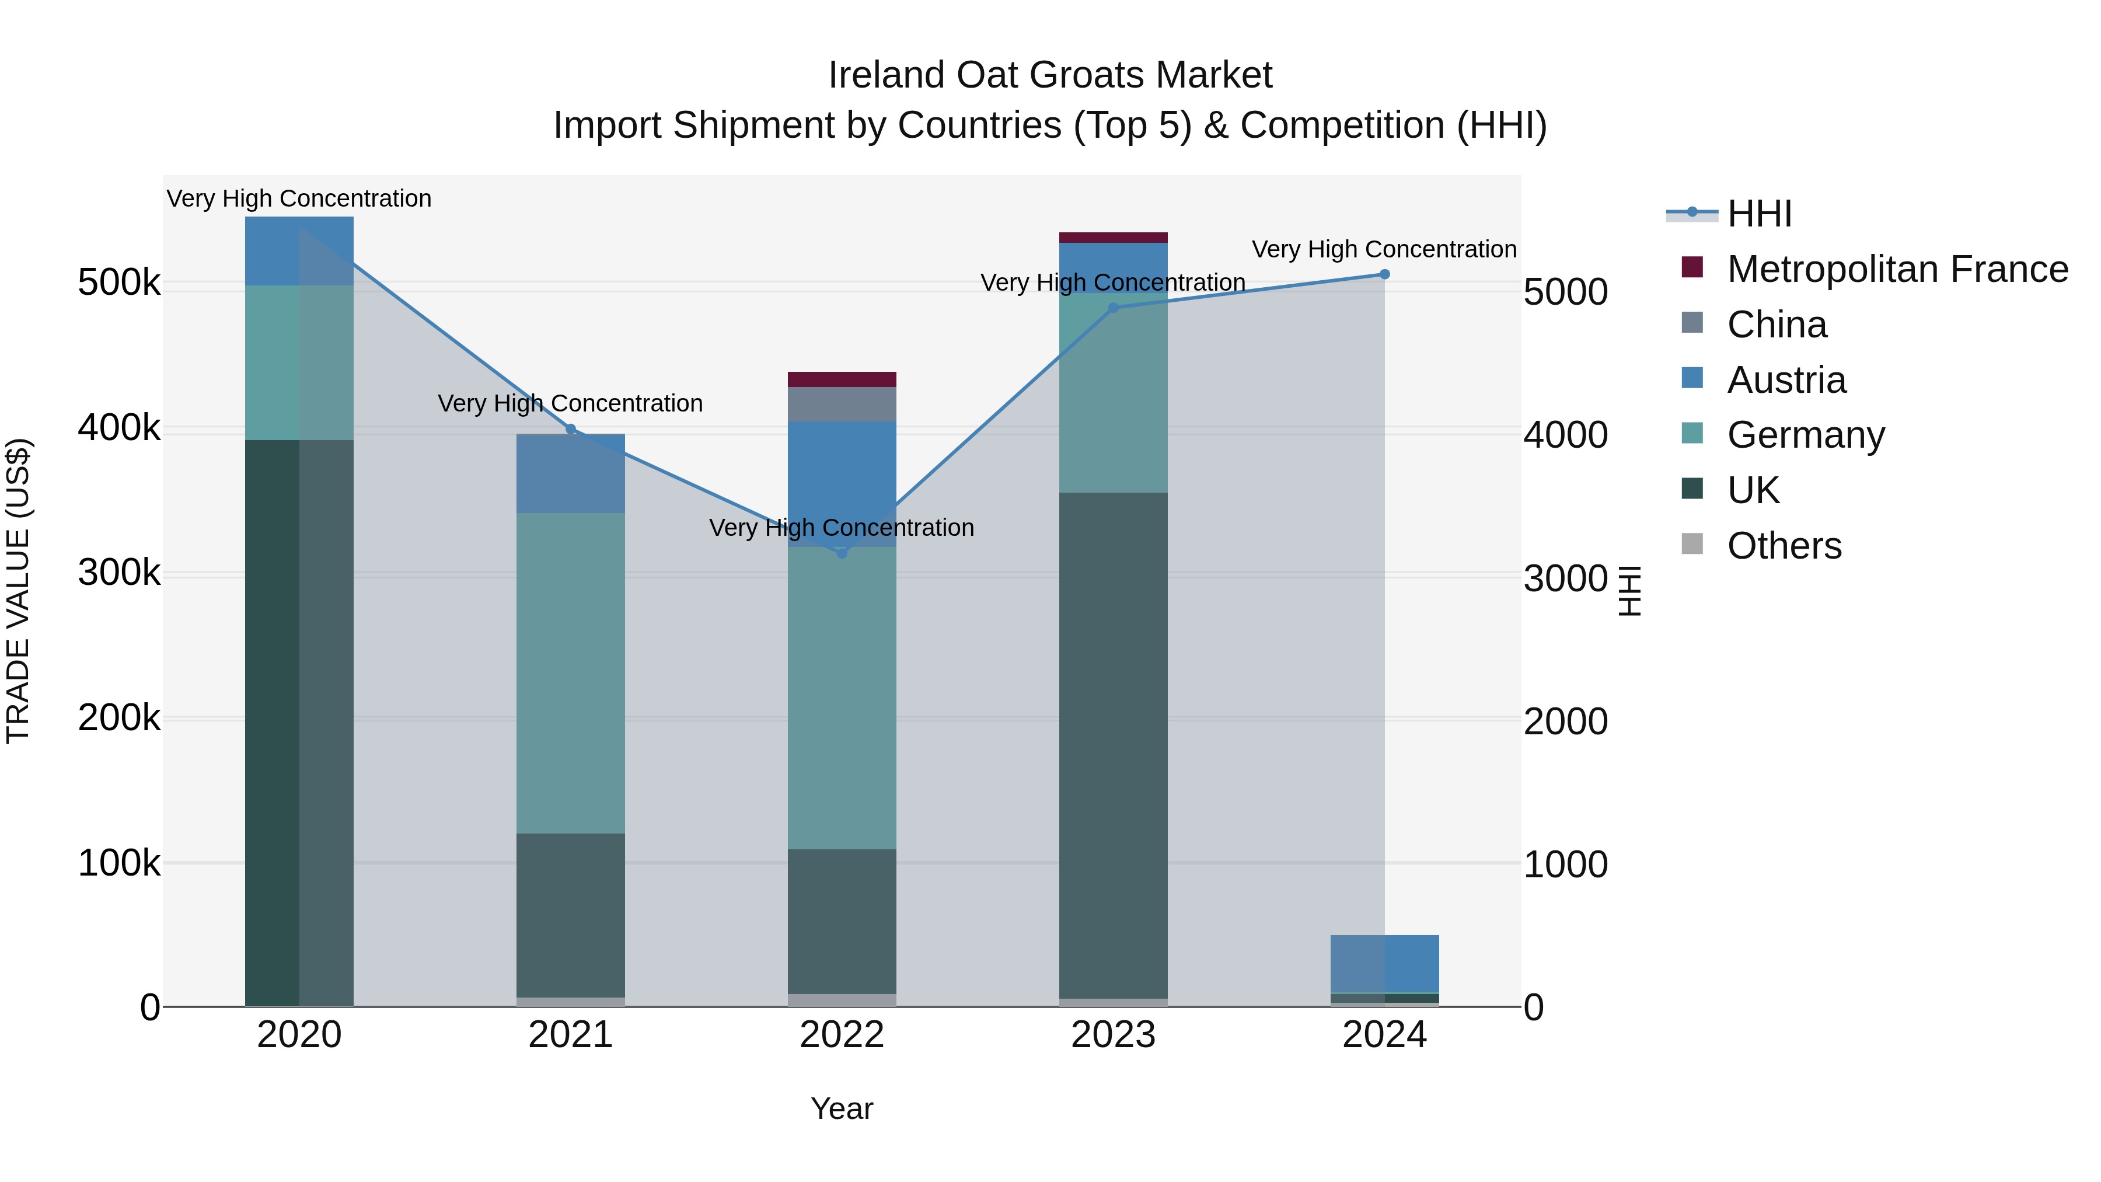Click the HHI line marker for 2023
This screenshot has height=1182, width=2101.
[1114, 308]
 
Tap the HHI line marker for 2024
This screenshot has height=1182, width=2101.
[1384, 274]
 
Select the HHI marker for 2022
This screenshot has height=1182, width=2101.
[842, 553]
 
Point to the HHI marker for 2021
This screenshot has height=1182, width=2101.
[571, 429]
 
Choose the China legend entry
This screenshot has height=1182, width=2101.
[1777, 325]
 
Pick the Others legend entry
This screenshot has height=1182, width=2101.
[1784, 546]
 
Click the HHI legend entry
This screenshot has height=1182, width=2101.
[1759, 214]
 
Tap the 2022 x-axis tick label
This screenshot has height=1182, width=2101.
[842, 1035]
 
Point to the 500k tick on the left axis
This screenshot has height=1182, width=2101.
[119, 283]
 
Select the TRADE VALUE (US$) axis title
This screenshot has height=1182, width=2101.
[18, 591]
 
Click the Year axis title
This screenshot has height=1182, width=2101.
[842, 1108]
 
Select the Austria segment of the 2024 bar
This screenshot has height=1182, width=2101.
[1384, 963]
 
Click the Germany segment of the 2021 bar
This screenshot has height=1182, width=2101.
[571, 673]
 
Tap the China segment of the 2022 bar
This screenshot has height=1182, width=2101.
[842, 404]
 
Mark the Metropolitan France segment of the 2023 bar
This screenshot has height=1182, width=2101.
[1114, 238]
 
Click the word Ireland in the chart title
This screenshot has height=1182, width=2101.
[887, 75]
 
